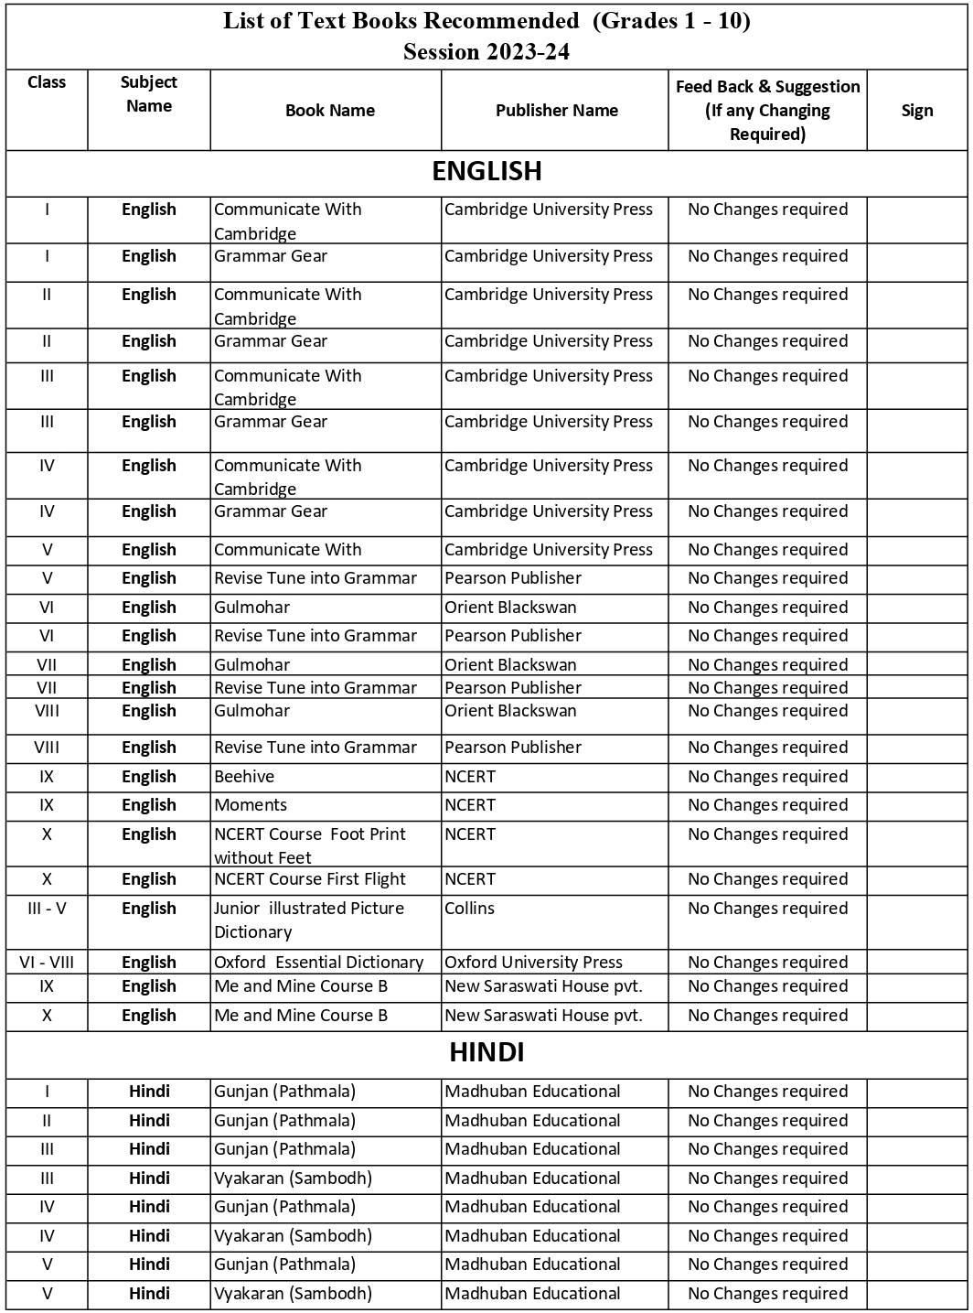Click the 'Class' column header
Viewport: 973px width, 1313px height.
pyautogui.click(x=47, y=82)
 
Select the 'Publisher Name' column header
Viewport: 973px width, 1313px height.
pyautogui.click(x=556, y=111)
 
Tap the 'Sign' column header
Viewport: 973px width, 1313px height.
pyautogui.click(x=916, y=111)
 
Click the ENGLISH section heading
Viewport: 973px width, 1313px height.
pyautogui.click(x=486, y=171)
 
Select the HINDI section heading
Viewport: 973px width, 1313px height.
pyautogui.click(x=486, y=1052)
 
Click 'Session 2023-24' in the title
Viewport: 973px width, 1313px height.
pyautogui.click(x=486, y=52)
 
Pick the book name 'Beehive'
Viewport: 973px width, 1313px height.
pyautogui.click(x=244, y=777)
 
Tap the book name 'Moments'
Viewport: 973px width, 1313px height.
pyautogui.click(x=251, y=805)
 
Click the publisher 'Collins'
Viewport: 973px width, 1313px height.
pyautogui.click(x=469, y=909)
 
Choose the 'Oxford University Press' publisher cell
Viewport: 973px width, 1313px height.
pyautogui.click(x=533, y=963)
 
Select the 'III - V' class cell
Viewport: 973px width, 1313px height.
pyautogui.click(x=47, y=909)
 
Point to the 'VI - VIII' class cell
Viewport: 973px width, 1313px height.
pyautogui.click(x=47, y=963)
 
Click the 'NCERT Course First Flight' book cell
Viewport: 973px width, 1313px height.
pyautogui.click(x=310, y=879)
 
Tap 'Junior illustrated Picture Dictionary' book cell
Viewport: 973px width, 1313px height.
pyautogui.click(x=308, y=920)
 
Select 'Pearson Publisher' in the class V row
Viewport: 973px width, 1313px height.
pyautogui.click(x=513, y=578)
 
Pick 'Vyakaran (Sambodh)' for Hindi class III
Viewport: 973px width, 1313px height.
pyautogui.click(x=293, y=1178)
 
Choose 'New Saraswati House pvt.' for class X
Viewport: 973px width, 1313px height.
pyautogui.click(x=543, y=1016)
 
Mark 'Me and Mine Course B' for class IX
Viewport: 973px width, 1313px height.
pyautogui.click(x=301, y=986)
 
